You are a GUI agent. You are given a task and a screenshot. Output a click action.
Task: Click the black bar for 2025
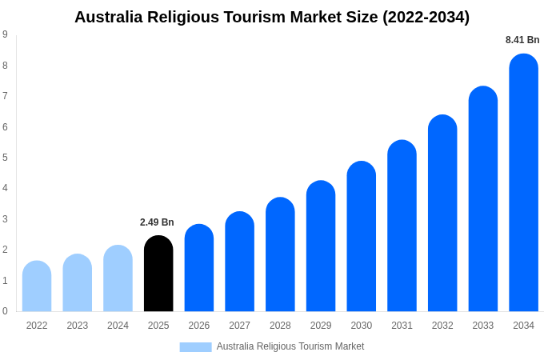[158, 274]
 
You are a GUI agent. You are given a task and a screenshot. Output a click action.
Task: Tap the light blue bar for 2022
[37, 286]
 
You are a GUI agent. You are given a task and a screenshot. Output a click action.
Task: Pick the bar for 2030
[361, 237]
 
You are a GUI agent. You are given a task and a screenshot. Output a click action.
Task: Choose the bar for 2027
[239, 262]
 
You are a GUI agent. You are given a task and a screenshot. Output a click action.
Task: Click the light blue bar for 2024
[118, 278]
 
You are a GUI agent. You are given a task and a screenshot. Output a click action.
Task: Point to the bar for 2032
[442, 214]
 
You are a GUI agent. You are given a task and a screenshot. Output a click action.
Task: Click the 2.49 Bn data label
[157, 222]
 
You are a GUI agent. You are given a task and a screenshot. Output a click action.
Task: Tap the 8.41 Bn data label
[522, 40]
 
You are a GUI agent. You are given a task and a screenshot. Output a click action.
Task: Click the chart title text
[272, 17]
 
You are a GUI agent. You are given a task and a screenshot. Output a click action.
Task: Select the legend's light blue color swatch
[195, 347]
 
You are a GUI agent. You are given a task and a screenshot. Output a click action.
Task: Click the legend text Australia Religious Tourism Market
[290, 346]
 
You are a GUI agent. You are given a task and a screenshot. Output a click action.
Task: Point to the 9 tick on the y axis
[5, 34]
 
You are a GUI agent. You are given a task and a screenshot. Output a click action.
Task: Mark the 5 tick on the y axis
[5, 158]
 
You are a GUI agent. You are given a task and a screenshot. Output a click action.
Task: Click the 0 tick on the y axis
[5, 311]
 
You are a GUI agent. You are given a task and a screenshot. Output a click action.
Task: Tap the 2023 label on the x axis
[78, 326]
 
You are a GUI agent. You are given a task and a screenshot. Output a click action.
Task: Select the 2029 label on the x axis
[321, 326]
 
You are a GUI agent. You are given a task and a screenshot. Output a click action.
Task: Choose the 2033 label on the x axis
[483, 326]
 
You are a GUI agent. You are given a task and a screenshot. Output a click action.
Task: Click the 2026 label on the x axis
[199, 326]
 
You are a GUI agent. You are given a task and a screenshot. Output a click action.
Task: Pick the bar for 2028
[280, 254]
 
